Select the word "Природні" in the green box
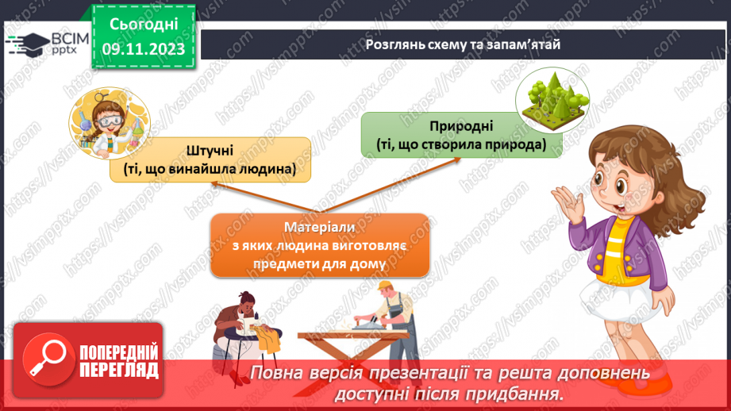462,125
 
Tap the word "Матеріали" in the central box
321,228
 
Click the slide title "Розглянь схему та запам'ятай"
463,44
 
